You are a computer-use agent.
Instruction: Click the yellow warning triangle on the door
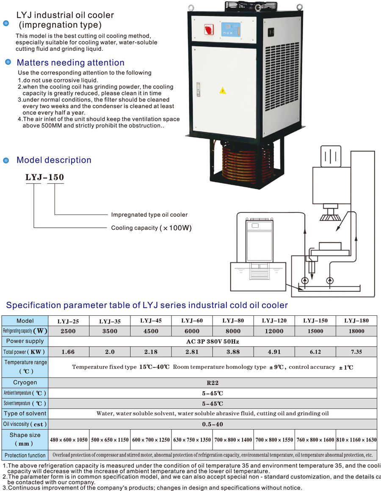pos(222,90)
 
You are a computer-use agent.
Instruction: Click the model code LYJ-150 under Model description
pos(44,177)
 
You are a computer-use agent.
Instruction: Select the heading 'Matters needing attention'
pos(70,63)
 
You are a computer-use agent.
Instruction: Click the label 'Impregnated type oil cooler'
pos(149,215)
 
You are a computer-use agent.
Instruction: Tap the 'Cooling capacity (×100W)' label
pos(151,228)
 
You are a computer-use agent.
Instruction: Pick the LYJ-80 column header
pos(233,320)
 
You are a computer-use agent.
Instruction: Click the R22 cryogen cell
pos(213,383)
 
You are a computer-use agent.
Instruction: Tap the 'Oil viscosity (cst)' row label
pos(25,424)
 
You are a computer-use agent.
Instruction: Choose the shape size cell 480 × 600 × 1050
pos(69,440)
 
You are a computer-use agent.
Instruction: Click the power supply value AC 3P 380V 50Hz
pos(213,341)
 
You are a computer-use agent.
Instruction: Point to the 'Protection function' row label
pos(25,455)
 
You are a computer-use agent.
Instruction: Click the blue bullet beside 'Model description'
pos(6,160)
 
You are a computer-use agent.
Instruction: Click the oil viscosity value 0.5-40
pos(213,424)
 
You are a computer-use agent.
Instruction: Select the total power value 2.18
pos(151,351)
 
